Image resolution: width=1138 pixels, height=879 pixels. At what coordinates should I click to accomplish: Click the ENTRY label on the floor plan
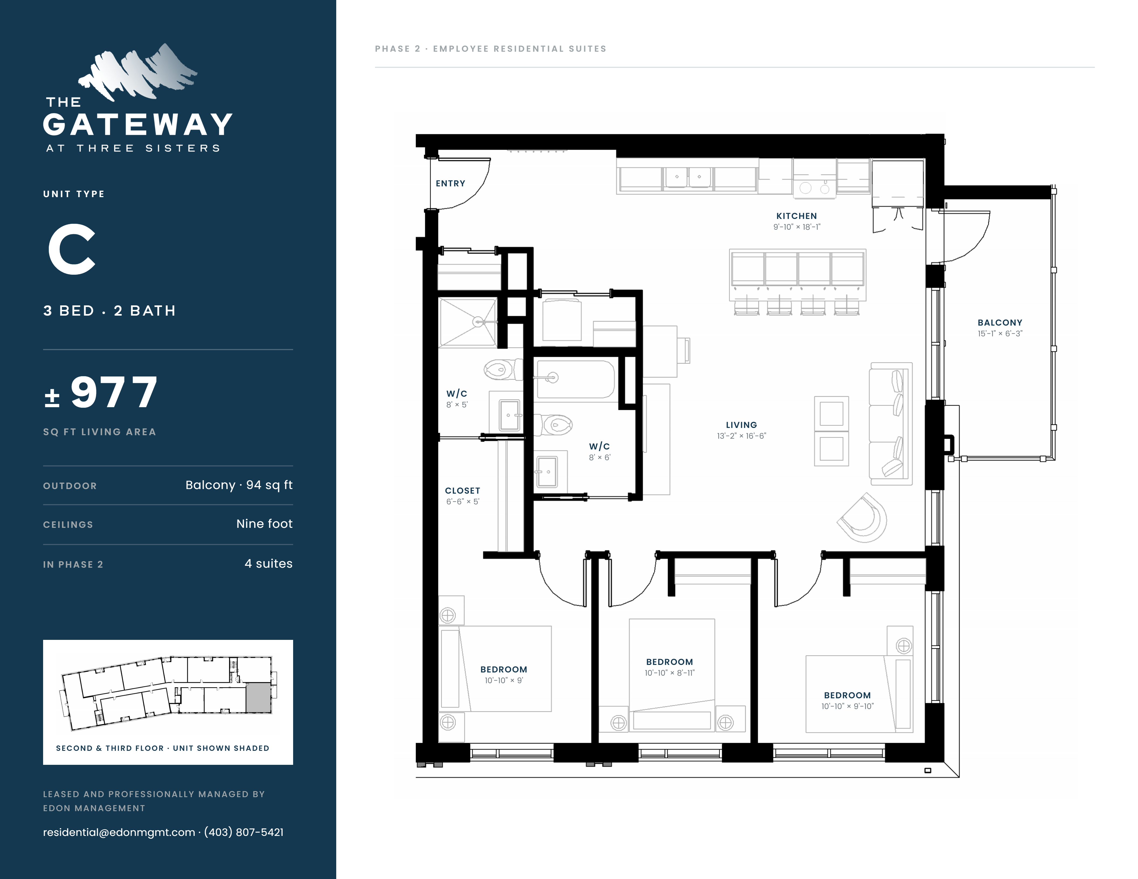(x=450, y=183)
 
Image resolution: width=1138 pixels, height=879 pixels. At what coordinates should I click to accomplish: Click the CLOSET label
(x=463, y=490)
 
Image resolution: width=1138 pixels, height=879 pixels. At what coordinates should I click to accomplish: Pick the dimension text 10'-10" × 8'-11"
(x=669, y=673)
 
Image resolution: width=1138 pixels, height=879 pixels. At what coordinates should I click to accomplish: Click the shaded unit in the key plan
(x=258, y=698)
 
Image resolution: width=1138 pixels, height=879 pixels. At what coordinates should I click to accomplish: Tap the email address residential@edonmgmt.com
(x=119, y=832)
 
